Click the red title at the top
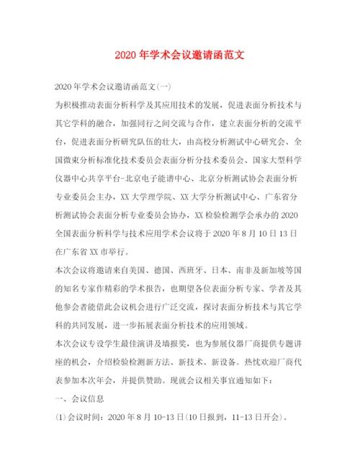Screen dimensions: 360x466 (x=180, y=55)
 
